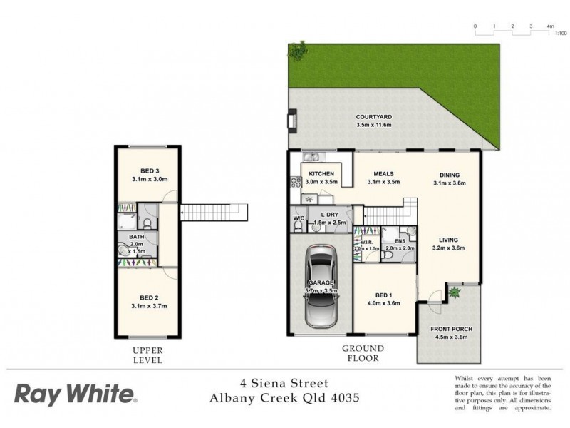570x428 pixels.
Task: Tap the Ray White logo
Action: pos(76,393)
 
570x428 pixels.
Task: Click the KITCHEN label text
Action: pos(322,173)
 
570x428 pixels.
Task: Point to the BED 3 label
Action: pos(149,170)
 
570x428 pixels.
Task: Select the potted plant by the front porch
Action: pos(453,291)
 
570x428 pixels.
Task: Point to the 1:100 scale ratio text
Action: pos(561,33)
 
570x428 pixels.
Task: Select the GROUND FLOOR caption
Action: pos(362,353)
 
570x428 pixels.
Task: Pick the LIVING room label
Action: pos(449,240)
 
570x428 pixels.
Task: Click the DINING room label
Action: pos(449,175)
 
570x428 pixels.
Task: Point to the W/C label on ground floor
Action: pos(298,218)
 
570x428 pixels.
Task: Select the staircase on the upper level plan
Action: pos(214,213)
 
